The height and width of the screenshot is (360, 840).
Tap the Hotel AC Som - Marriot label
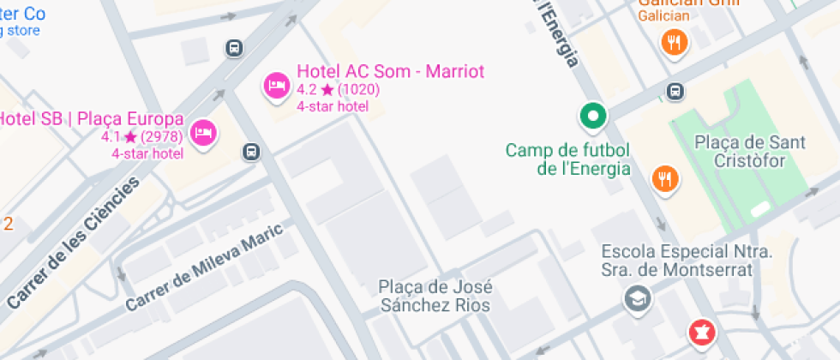(390, 71)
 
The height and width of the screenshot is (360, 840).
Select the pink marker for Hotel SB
(203, 133)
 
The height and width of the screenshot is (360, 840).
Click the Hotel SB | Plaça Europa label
(89, 119)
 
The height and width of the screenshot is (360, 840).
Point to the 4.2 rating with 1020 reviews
(338, 89)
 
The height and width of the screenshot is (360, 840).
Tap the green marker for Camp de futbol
(591, 115)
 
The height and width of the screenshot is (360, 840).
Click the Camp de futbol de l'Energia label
(567, 159)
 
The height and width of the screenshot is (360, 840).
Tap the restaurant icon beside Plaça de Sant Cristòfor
(665, 179)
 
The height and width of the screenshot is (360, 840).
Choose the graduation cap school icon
(639, 298)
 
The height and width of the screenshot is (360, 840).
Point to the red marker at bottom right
(702, 333)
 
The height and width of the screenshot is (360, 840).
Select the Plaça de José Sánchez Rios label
(435, 295)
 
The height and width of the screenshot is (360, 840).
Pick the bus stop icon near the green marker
(675, 91)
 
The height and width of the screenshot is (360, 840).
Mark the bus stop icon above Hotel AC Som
(233, 48)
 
